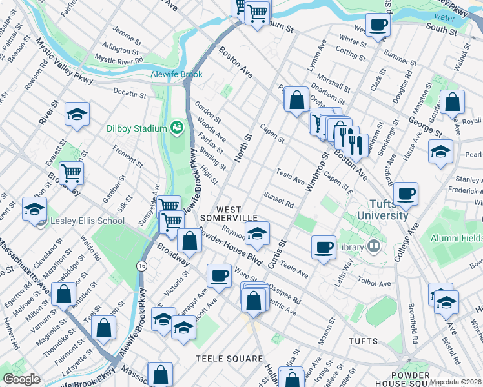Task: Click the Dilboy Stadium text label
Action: (x=137, y=128)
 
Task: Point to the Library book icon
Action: (x=373, y=246)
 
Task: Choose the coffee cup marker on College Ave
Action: (x=406, y=193)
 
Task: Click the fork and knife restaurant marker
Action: (x=355, y=145)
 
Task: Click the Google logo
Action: (x=21, y=379)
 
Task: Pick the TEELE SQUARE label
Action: (x=230, y=359)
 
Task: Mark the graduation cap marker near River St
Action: (x=77, y=114)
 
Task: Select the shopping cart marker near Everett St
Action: (x=71, y=172)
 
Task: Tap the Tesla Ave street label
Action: (x=290, y=175)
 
